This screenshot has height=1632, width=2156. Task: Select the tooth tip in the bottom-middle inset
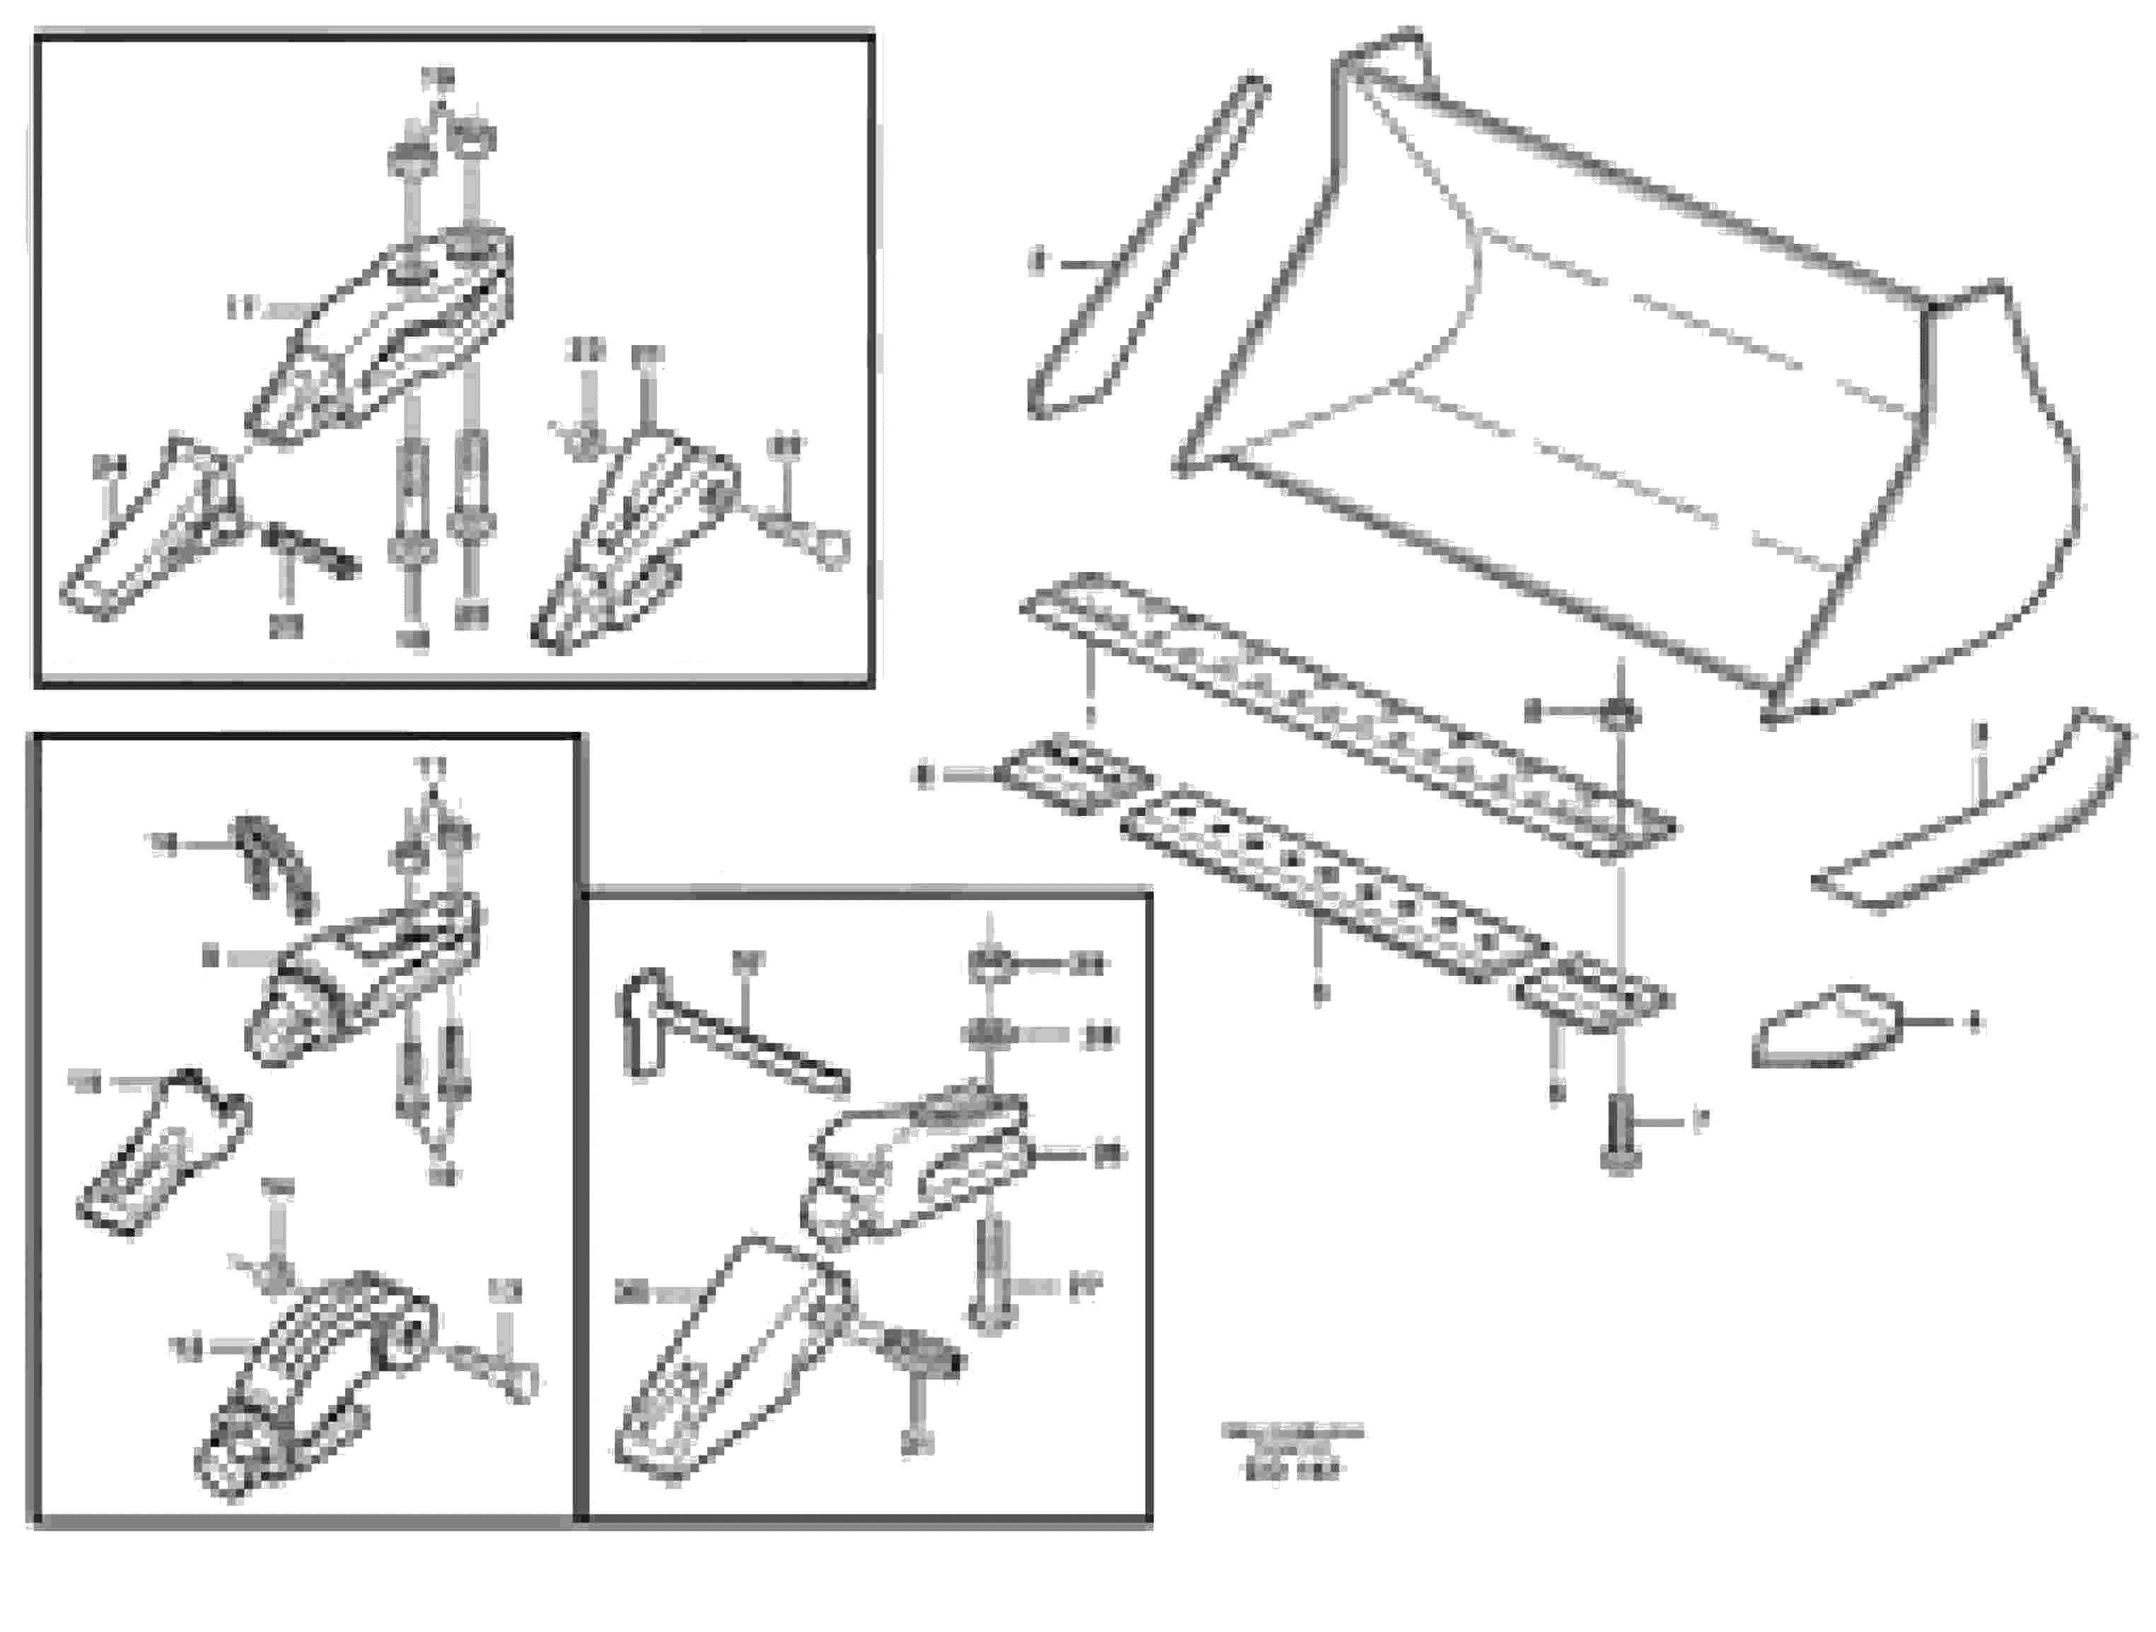721,1364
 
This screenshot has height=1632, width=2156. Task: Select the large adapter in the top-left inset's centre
380,331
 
